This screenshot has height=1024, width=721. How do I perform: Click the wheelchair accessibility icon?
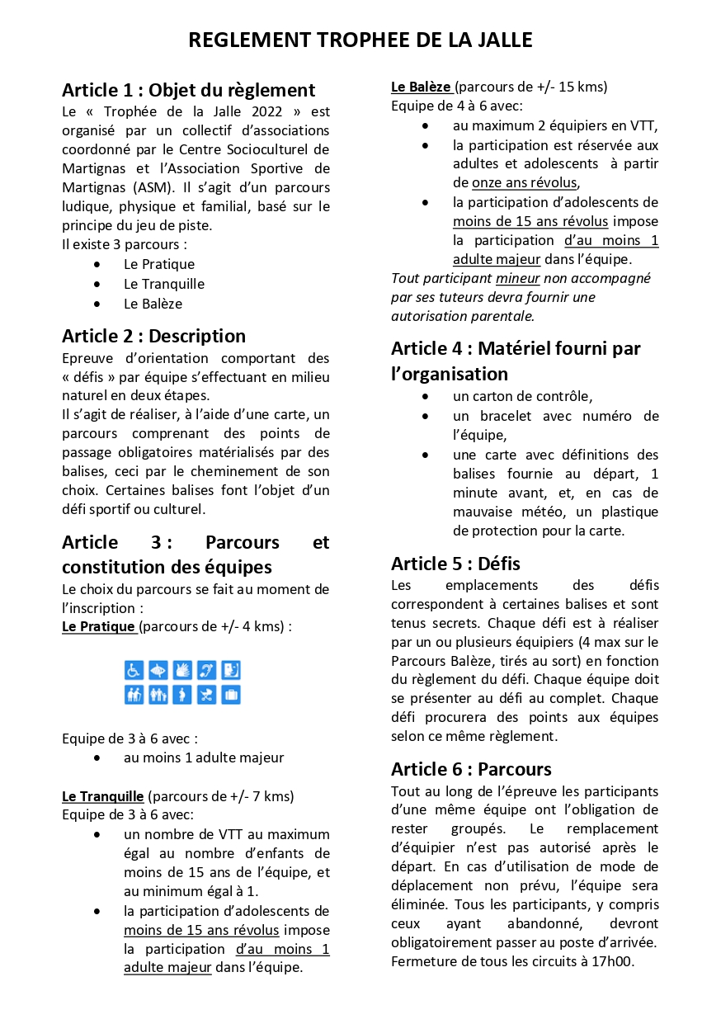(x=134, y=670)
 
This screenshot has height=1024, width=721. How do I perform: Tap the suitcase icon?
(x=231, y=695)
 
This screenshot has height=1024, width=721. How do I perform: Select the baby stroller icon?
(x=207, y=695)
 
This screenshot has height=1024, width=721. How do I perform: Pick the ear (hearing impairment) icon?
(x=207, y=670)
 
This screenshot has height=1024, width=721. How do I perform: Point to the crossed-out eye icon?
(x=158, y=670)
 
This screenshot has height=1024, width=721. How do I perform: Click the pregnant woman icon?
(x=182, y=695)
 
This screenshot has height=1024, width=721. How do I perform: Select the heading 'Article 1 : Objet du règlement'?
(x=188, y=90)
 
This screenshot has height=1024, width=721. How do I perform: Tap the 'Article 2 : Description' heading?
(x=153, y=336)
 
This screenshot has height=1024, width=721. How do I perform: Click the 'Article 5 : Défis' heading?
(x=455, y=564)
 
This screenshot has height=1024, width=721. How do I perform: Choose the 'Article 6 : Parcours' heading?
(x=471, y=769)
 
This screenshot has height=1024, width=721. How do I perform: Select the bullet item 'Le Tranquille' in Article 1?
(x=164, y=284)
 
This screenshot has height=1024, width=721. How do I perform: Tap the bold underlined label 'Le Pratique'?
(x=99, y=627)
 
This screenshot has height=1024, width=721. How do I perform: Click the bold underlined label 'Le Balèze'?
(x=421, y=87)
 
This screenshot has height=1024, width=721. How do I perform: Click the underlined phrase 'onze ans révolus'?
(x=525, y=183)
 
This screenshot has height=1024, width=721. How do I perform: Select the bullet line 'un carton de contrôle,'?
(x=522, y=396)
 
